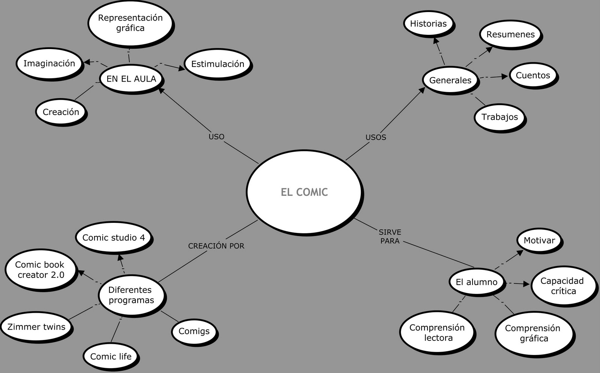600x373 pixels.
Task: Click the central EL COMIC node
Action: point(304,192)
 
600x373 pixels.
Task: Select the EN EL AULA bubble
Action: point(131,79)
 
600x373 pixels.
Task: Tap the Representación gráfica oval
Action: point(130,23)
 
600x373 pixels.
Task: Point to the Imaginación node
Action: point(49,63)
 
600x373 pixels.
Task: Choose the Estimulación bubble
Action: point(217,64)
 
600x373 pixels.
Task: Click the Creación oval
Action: point(61,112)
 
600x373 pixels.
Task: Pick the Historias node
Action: point(428,24)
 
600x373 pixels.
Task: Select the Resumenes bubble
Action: point(510,34)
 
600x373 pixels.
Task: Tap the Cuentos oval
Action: point(533,75)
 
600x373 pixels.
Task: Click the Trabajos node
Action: point(499,117)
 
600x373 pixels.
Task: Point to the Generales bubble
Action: point(450,80)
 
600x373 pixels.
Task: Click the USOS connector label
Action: point(376,137)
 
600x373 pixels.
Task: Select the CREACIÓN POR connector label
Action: point(216,246)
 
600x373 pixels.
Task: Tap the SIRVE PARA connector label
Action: point(390,237)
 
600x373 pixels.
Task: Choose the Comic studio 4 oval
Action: point(114,237)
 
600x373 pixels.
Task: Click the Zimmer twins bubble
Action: point(36,327)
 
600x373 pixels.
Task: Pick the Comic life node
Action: point(111,356)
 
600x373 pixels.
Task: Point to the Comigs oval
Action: point(194,331)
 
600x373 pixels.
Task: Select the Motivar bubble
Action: point(539,240)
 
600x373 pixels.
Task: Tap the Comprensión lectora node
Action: point(437,333)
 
